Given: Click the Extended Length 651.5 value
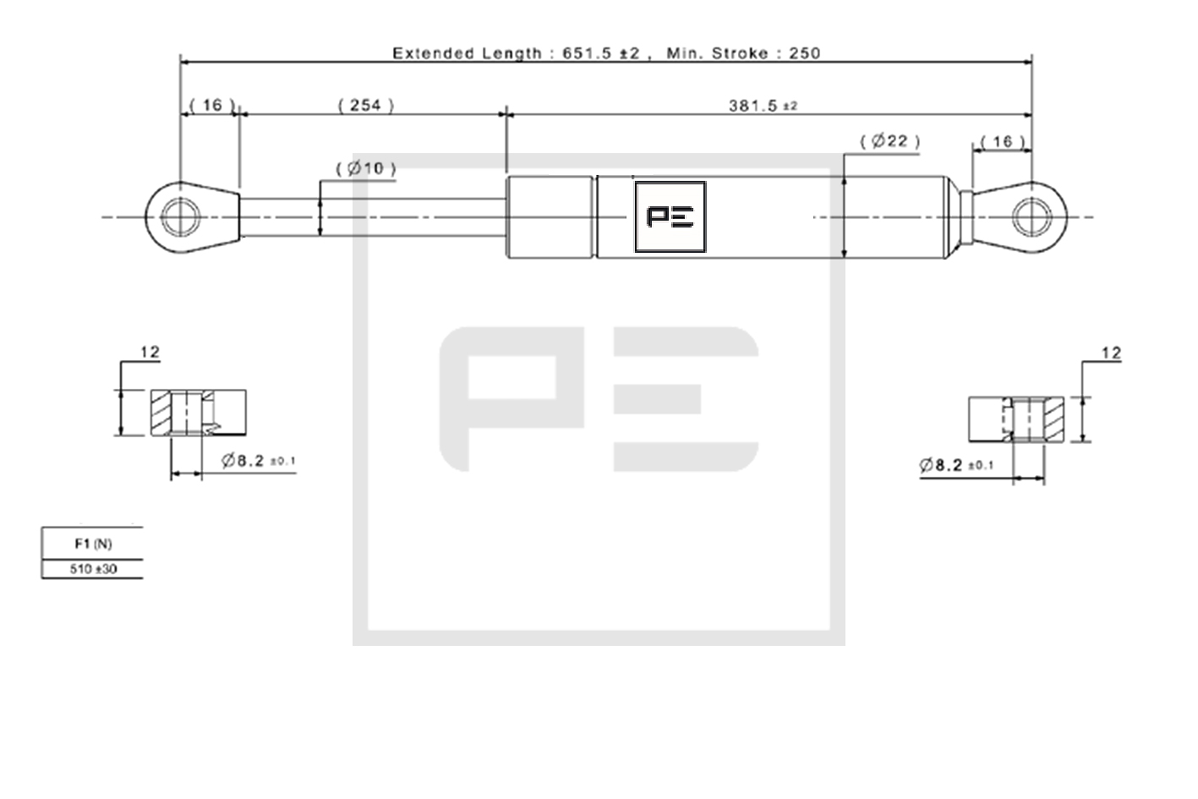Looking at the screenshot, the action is click(x=587, y=53).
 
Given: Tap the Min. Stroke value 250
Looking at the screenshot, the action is click(x=805, y=53).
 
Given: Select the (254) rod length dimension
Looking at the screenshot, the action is click(x=366, y=106).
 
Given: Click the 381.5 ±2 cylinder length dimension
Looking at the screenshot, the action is click(x=763, y=106).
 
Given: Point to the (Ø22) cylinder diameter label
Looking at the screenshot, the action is click(x=890, y=141).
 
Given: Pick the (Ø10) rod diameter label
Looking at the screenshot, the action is click(x=366, y=168).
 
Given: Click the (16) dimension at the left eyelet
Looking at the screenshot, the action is click(x=212, y=105).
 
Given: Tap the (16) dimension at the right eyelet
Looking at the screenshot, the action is click(x=1003, y=142).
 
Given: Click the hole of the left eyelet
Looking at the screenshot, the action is click(x=181, y=217).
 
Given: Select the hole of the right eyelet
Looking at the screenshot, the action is click(x=1032, y=217).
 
